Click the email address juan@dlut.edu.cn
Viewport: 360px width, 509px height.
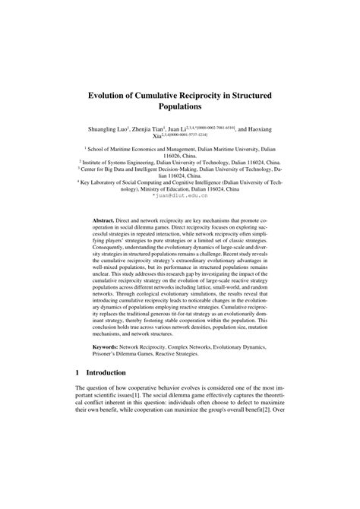pos(179,194)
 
